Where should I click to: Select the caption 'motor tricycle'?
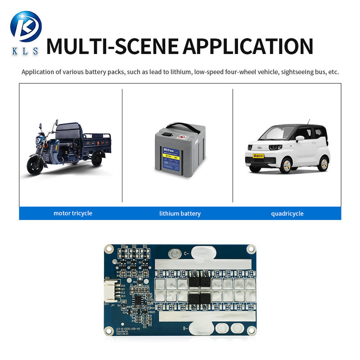coord(72,213)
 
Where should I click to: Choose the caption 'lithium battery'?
coord(180,213)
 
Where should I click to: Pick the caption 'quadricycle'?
coord(287,213)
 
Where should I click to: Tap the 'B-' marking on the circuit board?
coord(184,329)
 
